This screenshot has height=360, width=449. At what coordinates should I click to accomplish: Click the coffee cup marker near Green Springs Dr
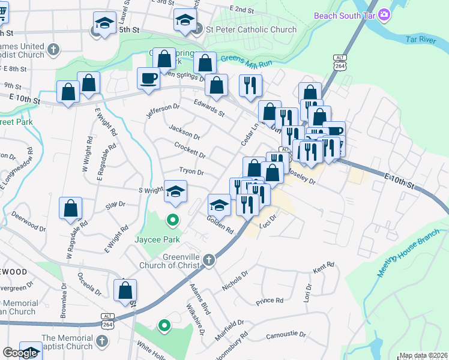coord(148,78)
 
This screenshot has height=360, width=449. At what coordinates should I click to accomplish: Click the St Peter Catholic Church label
coord(251,29)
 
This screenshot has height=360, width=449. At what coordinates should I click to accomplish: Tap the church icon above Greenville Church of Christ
coord(209,260)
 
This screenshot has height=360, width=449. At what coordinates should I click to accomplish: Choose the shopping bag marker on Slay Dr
coord(71,208)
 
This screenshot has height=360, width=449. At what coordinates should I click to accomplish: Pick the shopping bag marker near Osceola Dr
coord(125,290)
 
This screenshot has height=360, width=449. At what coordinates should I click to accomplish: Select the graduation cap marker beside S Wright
coord(175,191)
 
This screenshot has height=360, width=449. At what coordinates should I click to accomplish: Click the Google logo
coord(20,353)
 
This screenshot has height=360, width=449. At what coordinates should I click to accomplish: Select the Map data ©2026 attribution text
coord(423,355)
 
